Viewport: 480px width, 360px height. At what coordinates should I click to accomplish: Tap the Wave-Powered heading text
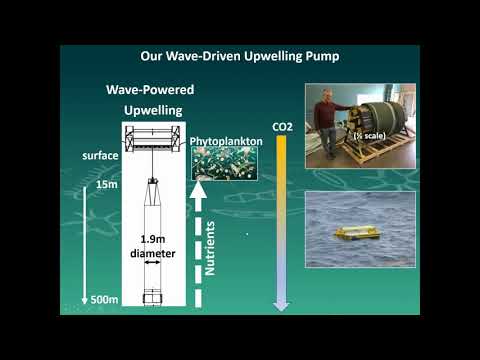coord(150,90)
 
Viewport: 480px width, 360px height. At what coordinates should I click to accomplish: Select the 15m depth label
coord(102,185)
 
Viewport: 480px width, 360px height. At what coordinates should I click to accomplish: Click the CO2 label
coord(282,128)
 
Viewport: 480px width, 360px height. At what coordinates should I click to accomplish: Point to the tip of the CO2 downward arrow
coord(282,306)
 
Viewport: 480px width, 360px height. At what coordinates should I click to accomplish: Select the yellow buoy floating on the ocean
coord(357,235)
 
